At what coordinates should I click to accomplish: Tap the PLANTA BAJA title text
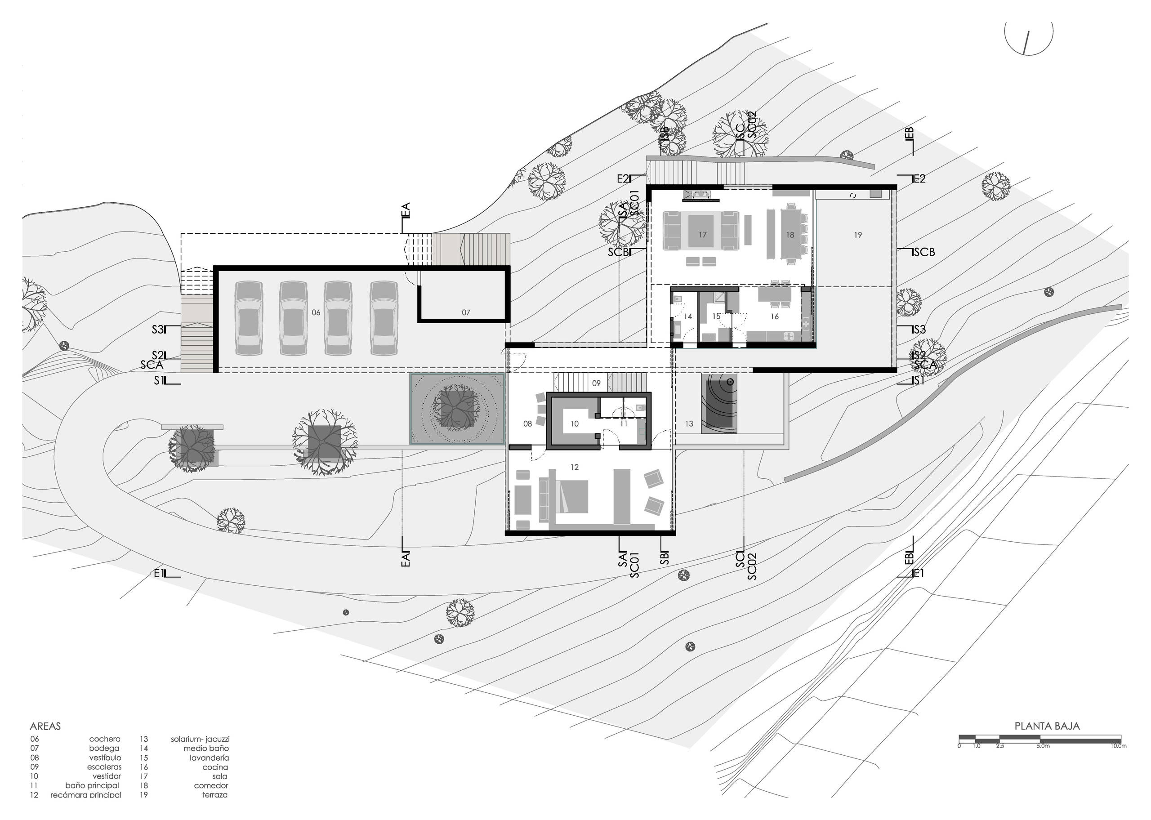point(1047,726)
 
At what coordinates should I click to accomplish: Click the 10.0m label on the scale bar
point(1118,746)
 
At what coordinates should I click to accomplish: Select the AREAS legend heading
point(45,726)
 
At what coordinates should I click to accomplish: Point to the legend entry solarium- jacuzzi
point(200,739)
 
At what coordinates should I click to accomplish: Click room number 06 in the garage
point(316,312)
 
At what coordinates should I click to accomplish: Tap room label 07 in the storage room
point(465,312)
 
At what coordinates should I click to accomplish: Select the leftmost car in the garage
point(248,318)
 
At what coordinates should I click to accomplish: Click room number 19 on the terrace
point(858,235)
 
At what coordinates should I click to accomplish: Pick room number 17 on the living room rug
point(702,235)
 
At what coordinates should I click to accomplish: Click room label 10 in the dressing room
point(574,423)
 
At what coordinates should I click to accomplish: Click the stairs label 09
point(596,383)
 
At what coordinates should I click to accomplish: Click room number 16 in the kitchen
point(774,316)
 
